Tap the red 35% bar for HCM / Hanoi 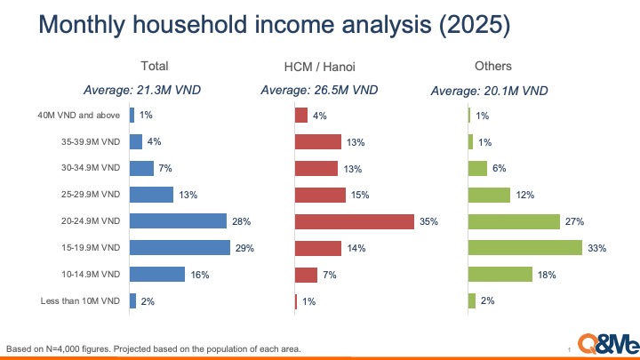point(354,221)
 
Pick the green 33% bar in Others point(524,248)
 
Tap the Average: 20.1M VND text point(488,90)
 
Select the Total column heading point(154,66)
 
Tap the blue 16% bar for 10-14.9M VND point(157,275)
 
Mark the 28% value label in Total point(242,221)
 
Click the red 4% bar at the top point(300,115)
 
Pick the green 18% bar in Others point(500,275)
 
